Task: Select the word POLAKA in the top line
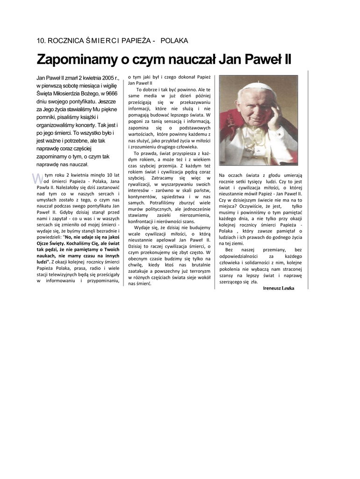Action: pyautogui.click(x=174, y=41)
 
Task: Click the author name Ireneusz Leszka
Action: pyautogui.click(x=279, y=288)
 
